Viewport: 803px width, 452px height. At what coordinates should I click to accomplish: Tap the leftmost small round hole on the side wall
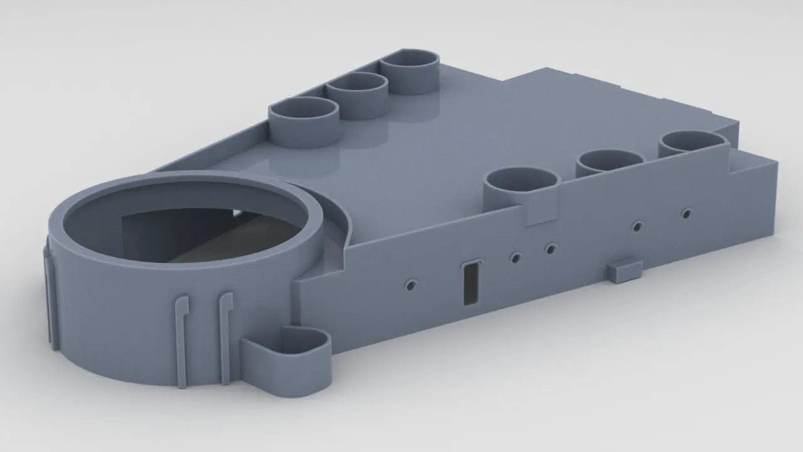click(x=410, y=285)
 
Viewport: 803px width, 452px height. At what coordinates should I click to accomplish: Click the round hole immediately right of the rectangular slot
click(x=516, y=257)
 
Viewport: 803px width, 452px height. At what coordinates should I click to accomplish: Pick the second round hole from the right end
click(x=638, y=225)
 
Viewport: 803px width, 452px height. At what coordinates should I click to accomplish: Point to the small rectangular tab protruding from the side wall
click(x=624, y=270)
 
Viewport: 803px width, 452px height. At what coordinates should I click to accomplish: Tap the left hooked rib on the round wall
click(x=181, y=339)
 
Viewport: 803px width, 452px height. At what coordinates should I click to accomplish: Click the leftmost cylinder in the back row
click(x=304, y=121)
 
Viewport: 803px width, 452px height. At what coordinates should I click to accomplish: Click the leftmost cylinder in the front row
click(x=522, y=185)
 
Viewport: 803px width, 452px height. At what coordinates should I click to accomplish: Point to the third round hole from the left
click(x=550, y=249)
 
